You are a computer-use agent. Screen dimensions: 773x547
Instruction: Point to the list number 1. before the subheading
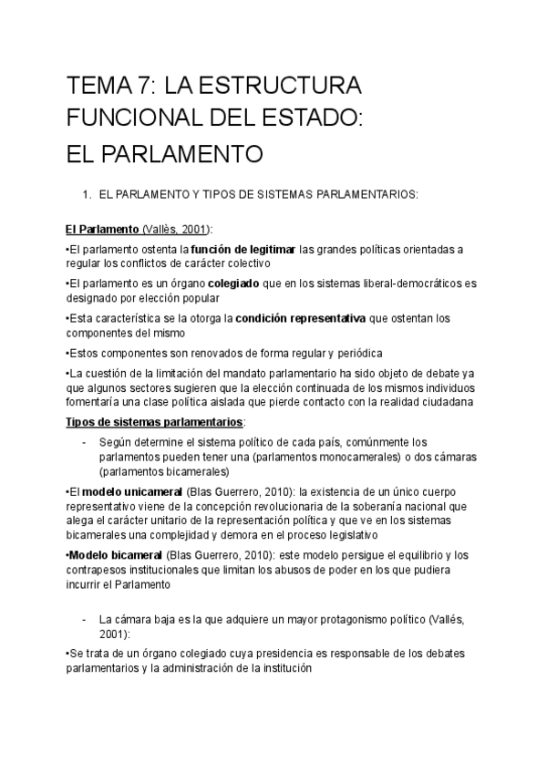[x=87, y=194]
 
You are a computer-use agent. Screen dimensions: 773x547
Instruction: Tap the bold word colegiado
[x=233, y=284]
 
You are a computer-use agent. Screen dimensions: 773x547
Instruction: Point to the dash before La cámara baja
[x=84, y=619]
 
